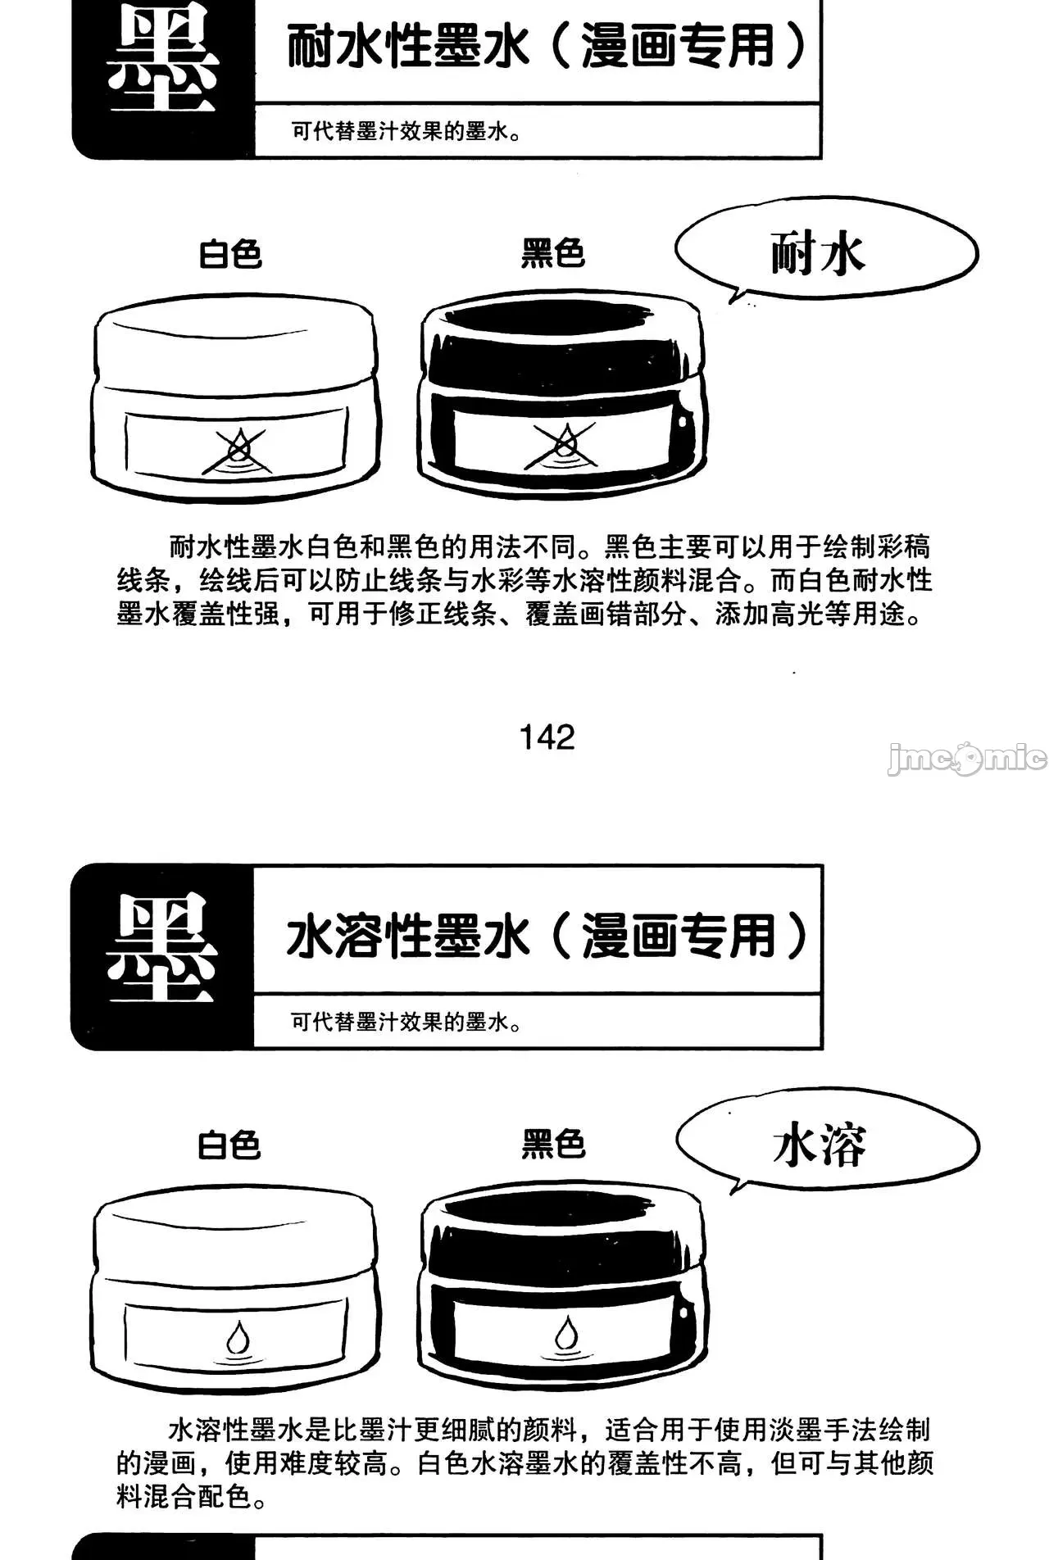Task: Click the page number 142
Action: (547, 737)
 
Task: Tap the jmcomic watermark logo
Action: (967, 758)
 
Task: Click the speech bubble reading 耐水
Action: (825, 252)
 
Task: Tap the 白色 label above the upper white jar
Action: (230, 254)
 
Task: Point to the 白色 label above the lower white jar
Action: (229, 1145)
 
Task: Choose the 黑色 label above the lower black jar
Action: (553, 1144)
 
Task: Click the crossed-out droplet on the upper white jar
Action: (238, 451)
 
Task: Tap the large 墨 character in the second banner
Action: (162, 948)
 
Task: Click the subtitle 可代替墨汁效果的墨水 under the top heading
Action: (406, 131)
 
